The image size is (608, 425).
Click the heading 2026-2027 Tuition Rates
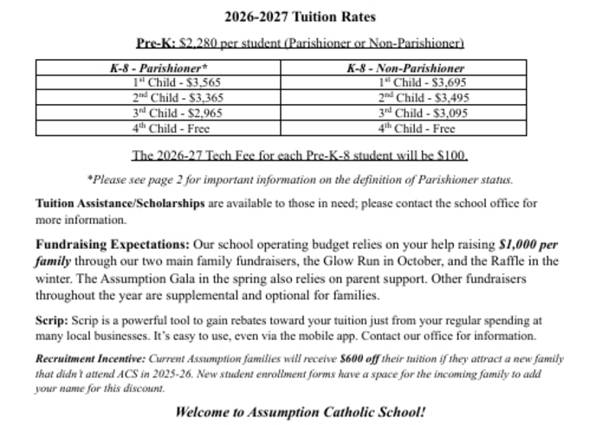(x=301, y=16)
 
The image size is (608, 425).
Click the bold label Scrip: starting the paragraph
(x=51, y=320)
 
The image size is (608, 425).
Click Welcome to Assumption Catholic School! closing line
(x=301, y=410)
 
